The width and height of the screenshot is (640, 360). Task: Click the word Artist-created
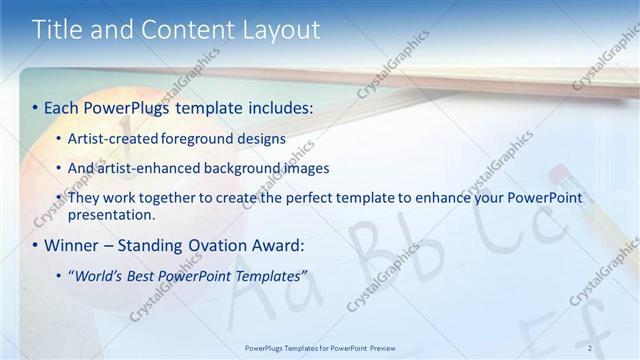[x=116, y=139]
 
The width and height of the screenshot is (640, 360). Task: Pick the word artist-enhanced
[x=146, y=168]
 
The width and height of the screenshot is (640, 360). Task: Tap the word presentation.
[x=111, y=214]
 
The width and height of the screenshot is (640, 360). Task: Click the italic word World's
[x=99, y=275]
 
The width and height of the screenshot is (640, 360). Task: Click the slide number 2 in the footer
[x=590, y=348]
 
